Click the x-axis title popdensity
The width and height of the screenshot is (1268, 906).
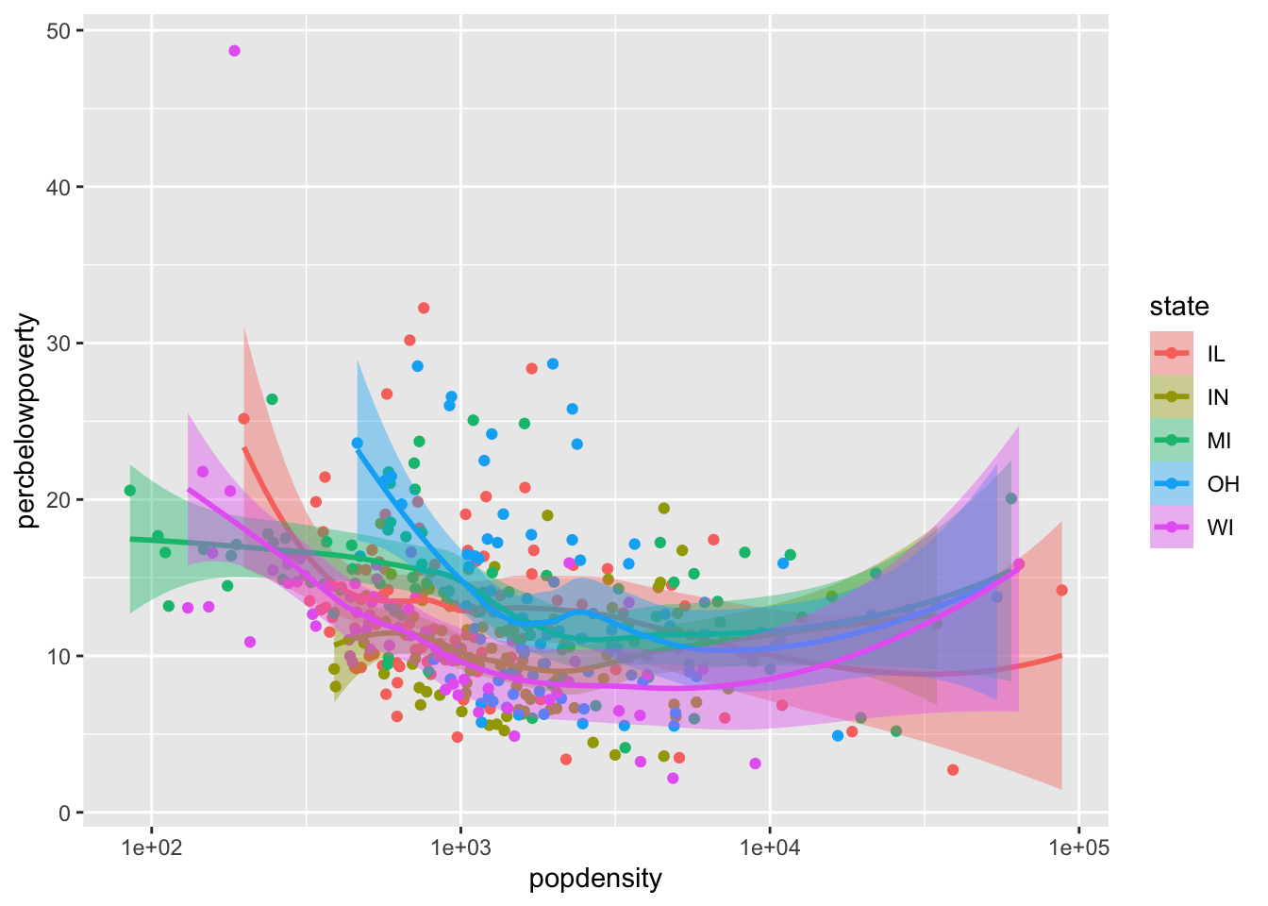pyautogui.click(x=595, y=880)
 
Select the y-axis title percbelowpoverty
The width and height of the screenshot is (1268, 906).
pyautogui.click(x=28, y=421)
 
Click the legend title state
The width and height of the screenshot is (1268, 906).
pyautogui.click(x=1178, y=307)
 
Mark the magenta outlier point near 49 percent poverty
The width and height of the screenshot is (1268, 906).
pyautogui.click(x=234, y=51)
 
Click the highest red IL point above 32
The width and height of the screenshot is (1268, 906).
pyautogui.click(x=424, y=308)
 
